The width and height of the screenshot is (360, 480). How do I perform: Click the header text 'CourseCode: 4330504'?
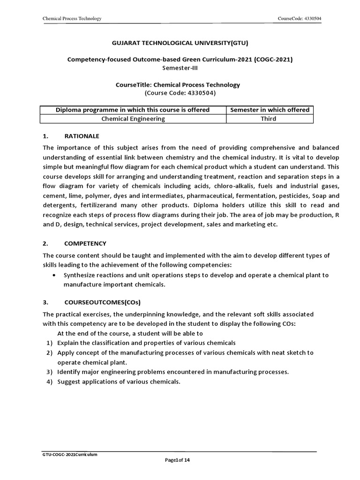click(300, 18)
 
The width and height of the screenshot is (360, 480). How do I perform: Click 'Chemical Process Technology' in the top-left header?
click(72, 18)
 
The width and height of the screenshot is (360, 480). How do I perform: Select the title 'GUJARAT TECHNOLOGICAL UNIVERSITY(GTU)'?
click(180, 43)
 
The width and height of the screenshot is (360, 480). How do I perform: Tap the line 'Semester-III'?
click(180, 67)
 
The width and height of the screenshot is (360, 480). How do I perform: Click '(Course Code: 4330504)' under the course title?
click(180, 93)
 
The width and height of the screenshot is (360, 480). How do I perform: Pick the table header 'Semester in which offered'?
click(270, 110)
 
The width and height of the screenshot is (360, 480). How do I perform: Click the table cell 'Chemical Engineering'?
click(133, 119)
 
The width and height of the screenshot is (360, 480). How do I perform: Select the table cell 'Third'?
click(269, 119)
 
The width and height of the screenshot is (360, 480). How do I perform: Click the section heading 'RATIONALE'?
click(82, 136)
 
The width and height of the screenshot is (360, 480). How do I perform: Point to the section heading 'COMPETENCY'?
click(85, 243)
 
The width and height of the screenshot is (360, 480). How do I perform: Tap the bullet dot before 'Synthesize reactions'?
click(56, 275)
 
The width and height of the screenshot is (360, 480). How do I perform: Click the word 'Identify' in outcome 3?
click(69, 372)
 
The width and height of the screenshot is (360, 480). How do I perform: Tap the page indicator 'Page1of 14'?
click(177, 460)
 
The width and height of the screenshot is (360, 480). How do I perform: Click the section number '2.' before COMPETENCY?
click(45, 243)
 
